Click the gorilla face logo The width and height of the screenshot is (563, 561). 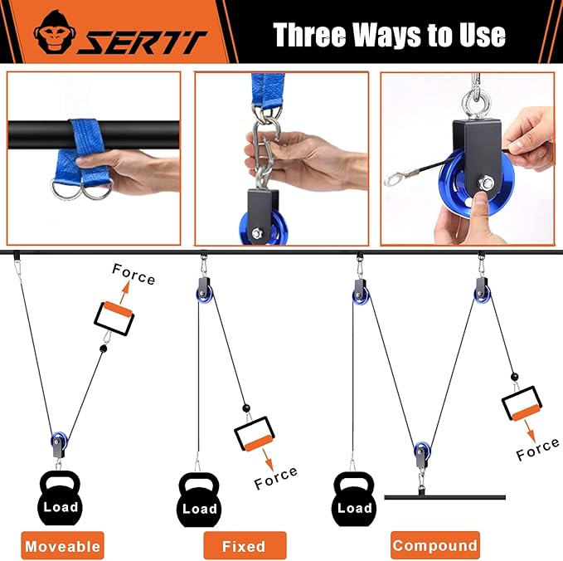pos(55,32)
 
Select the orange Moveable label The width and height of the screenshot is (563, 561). pos(62,545)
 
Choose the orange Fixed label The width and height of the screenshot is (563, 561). pos(245,545)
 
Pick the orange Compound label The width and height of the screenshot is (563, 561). pos(435,545)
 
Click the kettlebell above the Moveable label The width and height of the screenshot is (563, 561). pos(60,498)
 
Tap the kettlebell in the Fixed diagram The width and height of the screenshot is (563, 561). pos(199,500)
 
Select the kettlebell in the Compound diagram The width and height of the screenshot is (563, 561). pos(355,499)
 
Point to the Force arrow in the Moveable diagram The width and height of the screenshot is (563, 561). pos(125,292)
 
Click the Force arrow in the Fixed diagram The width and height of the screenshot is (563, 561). pos(268,459)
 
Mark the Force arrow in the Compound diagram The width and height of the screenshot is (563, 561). pos(530,431)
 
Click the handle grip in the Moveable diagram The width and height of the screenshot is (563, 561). pos(114,319)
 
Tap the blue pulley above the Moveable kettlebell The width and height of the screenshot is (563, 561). pos(59,441)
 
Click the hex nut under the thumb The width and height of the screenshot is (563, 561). pos(485,183)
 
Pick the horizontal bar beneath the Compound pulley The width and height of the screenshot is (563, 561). pos(445,497)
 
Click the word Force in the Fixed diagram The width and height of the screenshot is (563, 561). pos(276,478)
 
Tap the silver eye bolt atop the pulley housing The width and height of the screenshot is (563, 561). pos(474,102)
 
